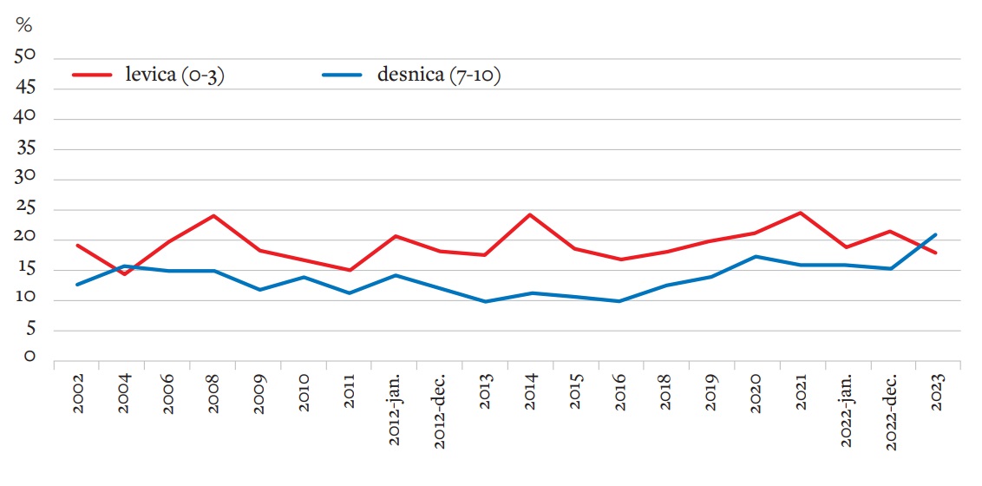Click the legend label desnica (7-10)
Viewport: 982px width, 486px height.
coord(439,76)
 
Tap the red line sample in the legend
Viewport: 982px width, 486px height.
coord(93,76)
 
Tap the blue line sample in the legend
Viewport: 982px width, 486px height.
coord(342,76)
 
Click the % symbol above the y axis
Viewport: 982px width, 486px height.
coord(23,25)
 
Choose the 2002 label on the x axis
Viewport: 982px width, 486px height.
coord(79,395)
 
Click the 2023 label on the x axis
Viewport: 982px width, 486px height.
coord(936,395)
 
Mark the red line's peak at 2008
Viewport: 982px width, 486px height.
coord(214,215)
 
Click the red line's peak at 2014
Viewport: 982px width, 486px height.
coord(530,214)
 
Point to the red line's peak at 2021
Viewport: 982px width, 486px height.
coord(801,213)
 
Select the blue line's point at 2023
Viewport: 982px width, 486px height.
coord(936,234)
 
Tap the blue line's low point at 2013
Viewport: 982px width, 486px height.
coord(485,301)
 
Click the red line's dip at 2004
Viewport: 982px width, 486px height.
coord(124,274)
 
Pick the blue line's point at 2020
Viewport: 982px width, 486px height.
coord(756,256)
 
